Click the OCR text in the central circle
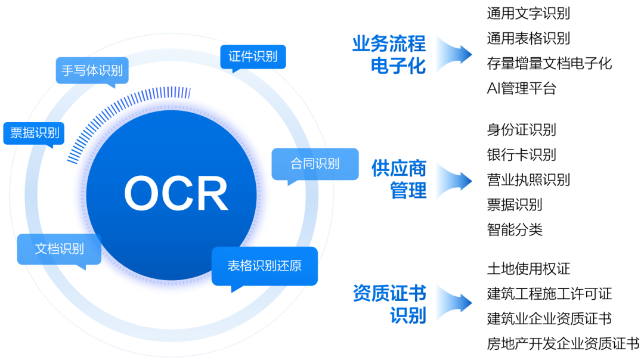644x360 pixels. (x=176, y=193)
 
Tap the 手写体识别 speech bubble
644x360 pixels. (x=92, y=71)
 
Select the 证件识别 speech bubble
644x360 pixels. (x=253, y=57)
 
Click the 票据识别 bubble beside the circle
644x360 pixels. (x=34, y=134)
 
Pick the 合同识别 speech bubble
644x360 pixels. (x=315, y=164)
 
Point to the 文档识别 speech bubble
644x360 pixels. (x=59, y=249)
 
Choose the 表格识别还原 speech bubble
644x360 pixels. (x=265, y=266)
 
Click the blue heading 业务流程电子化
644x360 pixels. (x=389, y=55)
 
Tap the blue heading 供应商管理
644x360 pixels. (x=399, y=179)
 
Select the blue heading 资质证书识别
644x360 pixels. (x=389, y=304)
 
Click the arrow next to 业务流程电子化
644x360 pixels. (x=454, y=55)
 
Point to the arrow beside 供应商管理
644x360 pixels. (x=454, y=181)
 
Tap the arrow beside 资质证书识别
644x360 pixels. (x=454, y=303)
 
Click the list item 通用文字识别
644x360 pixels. (x=528, y=14)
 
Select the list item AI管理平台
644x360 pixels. (x=522, y=88)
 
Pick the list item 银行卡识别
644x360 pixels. (x=522, y=155)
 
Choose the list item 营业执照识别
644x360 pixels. (x=528, y=180)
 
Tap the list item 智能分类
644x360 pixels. (x=515, y=229)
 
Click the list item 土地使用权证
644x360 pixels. (x=528, y=269)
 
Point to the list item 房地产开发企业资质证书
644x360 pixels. (x=563, y=343)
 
